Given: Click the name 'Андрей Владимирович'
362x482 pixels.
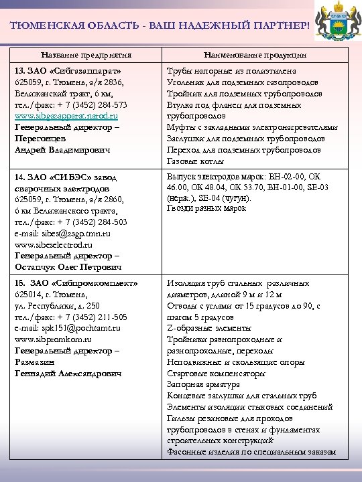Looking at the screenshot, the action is pos(62,150).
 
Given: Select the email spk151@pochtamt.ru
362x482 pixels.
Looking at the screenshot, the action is pos(68,328).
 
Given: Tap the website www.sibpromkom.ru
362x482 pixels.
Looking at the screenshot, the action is pos(56,339).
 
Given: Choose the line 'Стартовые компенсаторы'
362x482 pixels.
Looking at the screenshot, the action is pos(216,374).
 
